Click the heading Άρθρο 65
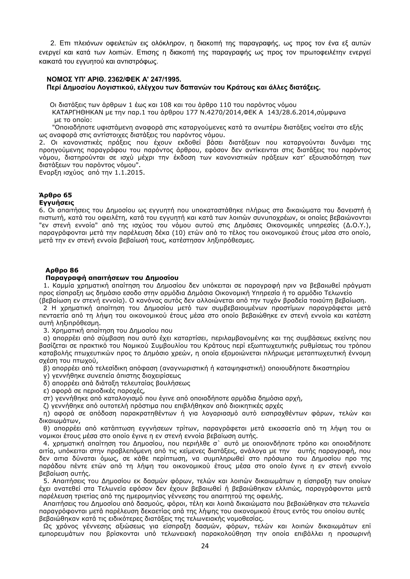(x=55, y=195)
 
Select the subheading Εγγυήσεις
(x=56, y=203)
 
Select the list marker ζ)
(x=46, y=406)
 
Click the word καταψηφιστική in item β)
(x=240, y=368)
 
